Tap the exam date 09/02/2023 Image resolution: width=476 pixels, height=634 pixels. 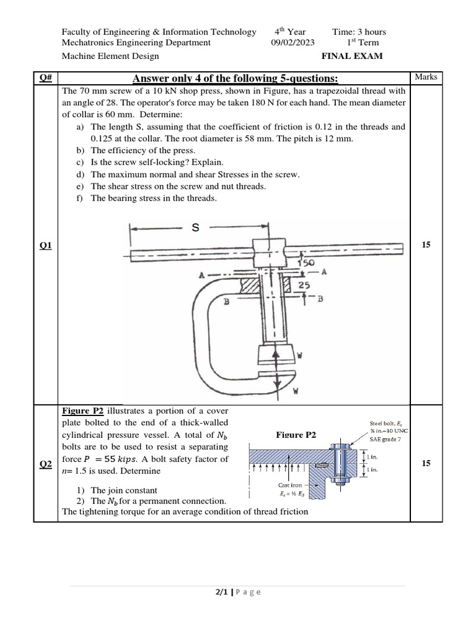(x=293, y=43)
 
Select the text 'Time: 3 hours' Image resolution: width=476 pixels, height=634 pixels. (x=359, y=32)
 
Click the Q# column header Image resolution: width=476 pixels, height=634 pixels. (x=45, y=77)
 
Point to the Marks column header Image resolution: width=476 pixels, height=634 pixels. (x=426, y=77)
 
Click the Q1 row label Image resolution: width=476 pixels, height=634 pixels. (x=45, y=246)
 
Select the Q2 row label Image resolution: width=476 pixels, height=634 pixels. (x=45, y=464)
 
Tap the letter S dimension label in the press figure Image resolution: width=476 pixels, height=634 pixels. (x=195, y=228)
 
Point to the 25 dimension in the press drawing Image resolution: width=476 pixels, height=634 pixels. (x=304, y=285)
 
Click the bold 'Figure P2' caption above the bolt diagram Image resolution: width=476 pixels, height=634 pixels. (x=296, y=435)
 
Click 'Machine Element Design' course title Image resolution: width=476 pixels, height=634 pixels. (x=110, y=56)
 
